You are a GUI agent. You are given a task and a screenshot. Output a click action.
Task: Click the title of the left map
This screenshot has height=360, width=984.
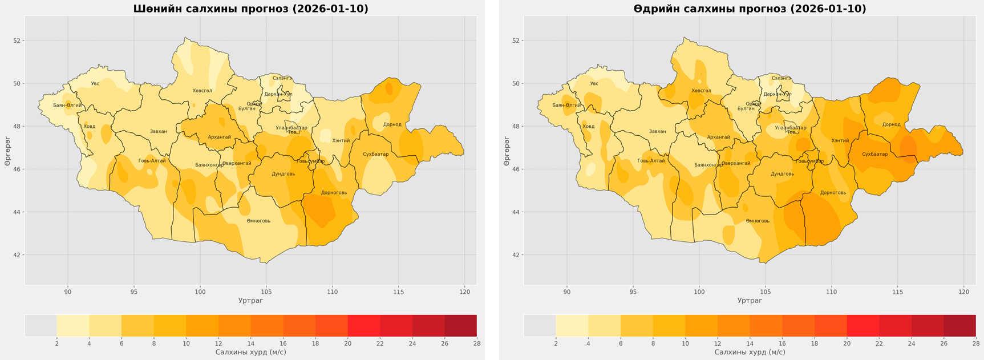[250, 9]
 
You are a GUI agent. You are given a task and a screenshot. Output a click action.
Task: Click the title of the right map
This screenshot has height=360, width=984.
[750, 9]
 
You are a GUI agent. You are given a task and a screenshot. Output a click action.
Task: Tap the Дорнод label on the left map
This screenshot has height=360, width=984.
[392, 124]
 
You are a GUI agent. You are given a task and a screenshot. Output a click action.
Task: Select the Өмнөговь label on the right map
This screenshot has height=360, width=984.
[758, 221]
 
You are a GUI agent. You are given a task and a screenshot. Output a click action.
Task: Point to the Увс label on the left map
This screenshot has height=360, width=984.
[95, 84]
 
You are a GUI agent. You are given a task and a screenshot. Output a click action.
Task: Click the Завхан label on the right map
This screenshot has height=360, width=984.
[657, 132]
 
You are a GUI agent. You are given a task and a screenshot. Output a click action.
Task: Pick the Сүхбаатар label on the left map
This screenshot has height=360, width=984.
[375, 154]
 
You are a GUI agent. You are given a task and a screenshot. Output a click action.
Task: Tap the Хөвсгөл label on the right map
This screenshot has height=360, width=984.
[701, 91]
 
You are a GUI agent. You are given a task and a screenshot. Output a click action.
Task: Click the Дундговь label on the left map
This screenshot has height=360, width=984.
[283, 174]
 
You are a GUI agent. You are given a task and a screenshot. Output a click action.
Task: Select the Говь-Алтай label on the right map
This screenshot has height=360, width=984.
[651, 161]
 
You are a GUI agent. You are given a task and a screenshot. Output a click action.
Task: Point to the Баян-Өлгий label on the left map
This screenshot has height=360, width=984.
[67, 106]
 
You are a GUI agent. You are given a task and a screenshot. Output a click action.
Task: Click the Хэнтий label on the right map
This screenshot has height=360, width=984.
[840, 141]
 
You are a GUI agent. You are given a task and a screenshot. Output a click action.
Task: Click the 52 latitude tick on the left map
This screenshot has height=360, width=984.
[17, 41]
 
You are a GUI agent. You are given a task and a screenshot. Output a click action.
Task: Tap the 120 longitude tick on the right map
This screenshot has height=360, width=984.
[963, 292]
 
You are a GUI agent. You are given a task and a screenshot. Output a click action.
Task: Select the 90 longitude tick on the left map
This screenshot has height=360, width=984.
[68, 292]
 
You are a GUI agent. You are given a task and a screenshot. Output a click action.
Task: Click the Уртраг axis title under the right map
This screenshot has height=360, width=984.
[750, 301]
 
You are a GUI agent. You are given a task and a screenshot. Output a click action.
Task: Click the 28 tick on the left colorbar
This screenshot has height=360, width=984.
[476, 343]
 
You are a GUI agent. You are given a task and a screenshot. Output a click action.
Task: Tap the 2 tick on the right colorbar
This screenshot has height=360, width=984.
[556, 343]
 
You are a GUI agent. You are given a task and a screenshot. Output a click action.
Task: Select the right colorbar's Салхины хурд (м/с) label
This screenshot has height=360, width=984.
[750, 353]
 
